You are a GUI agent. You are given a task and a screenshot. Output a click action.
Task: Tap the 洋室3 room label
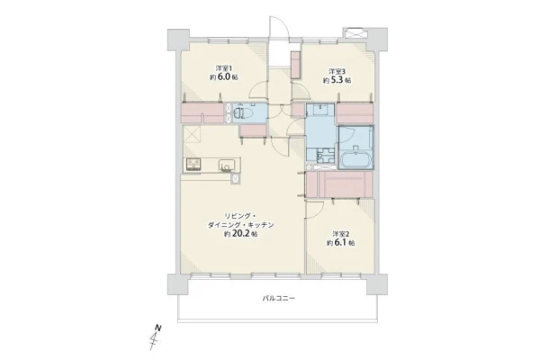(337, 72)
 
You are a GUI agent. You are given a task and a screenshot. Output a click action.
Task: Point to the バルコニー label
(279, 298)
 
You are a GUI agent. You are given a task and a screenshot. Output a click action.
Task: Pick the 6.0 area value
(224, 77)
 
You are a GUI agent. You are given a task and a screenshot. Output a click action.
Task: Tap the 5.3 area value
(337, 81)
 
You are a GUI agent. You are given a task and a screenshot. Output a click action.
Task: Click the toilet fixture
(242, 113)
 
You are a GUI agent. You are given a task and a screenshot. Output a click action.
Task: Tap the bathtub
(355, 159)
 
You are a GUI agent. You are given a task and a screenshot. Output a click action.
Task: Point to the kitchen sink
(227, 165)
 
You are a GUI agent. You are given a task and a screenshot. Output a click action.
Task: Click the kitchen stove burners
(193, 165)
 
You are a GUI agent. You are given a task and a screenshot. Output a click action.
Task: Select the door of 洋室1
(258, 91)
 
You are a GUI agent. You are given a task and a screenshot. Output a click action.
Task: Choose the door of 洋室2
(315, 210)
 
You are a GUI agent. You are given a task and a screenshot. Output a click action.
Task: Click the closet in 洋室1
(202, 112)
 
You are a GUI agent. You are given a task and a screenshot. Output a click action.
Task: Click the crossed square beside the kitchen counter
(236, 179)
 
